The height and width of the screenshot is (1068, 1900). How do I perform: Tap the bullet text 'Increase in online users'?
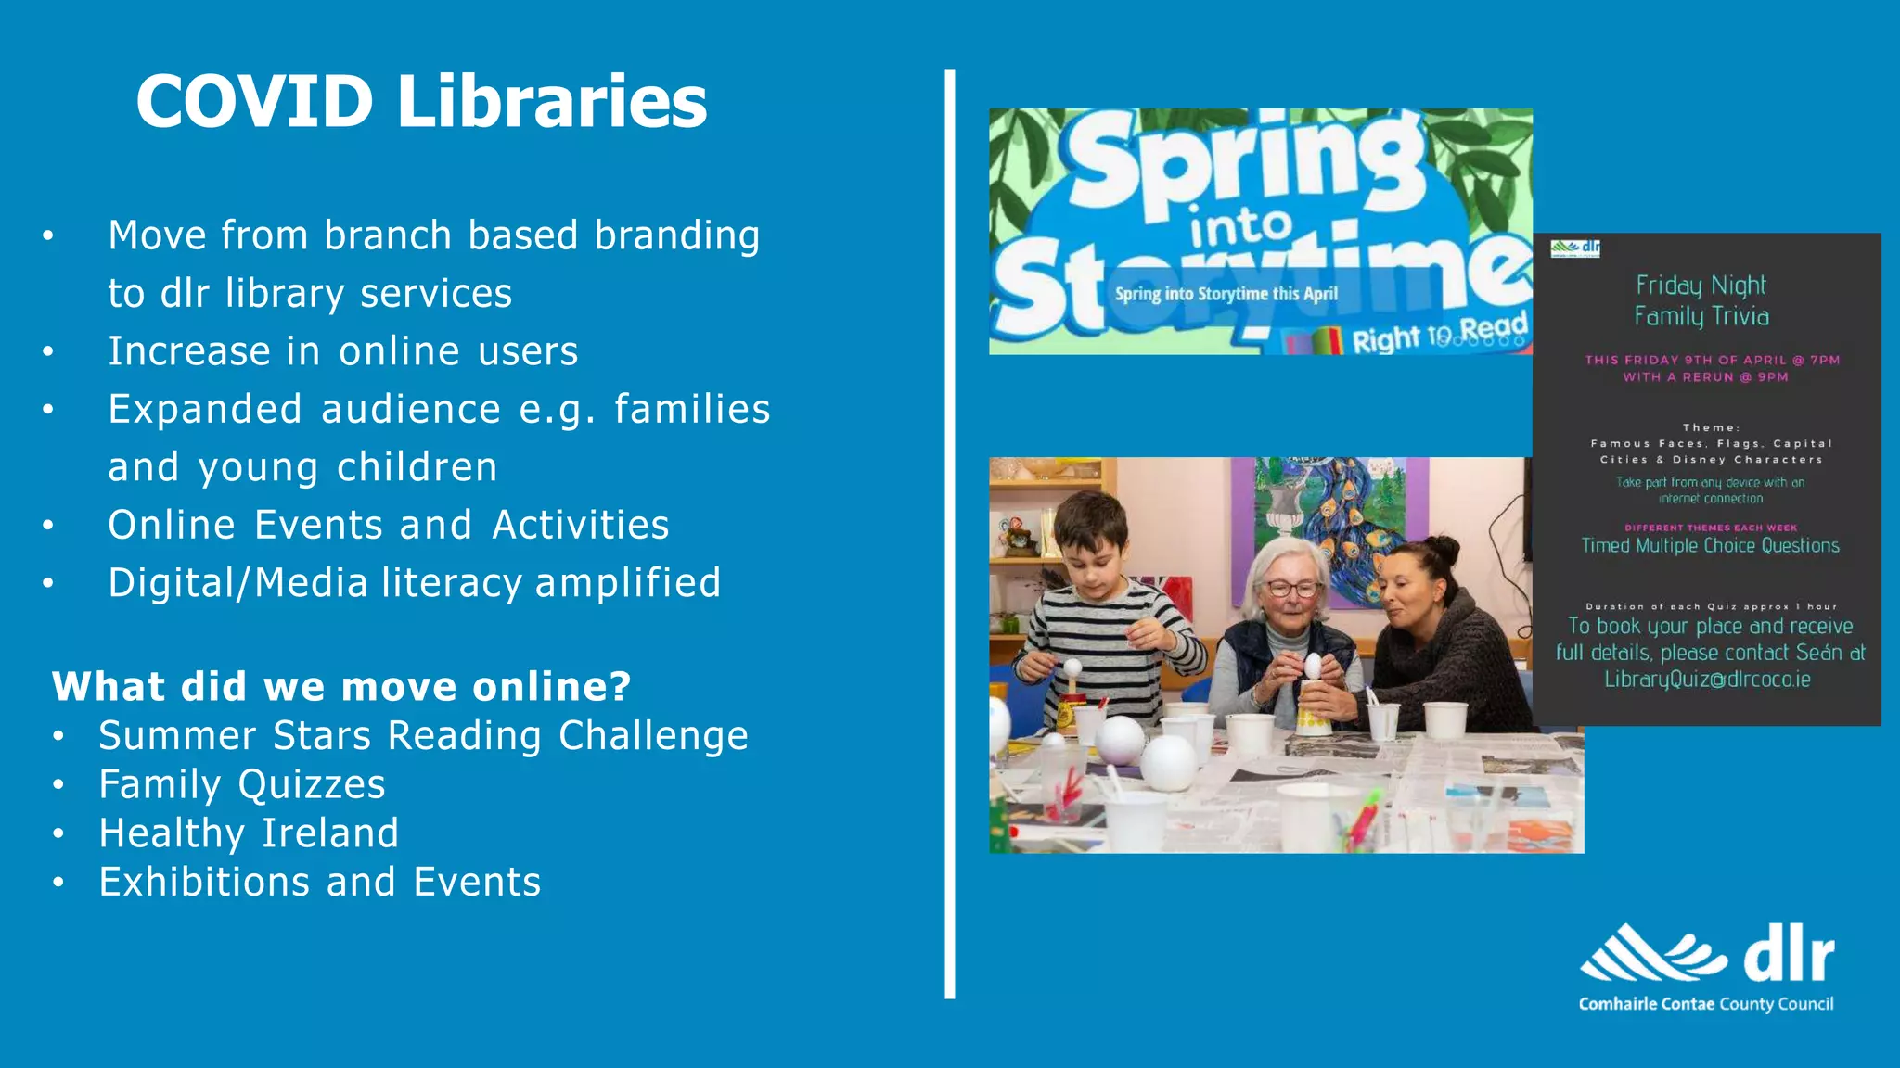tap(342, 351)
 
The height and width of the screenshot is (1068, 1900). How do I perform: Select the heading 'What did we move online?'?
tap(341, 687)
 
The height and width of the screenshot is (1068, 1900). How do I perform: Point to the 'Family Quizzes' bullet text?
tap(242, 784)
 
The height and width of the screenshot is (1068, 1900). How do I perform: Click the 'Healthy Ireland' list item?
tap(249, 833)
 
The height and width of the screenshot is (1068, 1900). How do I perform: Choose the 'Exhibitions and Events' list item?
tap(320, 882)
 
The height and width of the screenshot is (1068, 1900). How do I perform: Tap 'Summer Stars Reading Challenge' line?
tap(423, 736)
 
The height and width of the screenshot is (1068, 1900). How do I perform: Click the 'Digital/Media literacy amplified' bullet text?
tap(414, 583)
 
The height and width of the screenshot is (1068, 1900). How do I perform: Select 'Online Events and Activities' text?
tap(389, 525)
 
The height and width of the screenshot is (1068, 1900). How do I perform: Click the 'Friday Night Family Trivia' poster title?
tap(1701, 300)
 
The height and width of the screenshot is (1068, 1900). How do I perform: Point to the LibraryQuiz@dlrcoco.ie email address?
tap(1707, 680)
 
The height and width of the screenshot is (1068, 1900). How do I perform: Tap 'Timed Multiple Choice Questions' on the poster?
tap(1710, 546)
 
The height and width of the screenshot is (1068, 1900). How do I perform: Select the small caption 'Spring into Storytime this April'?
tap(1226, 294)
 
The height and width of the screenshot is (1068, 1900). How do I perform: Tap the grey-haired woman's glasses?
tap(1292, 587)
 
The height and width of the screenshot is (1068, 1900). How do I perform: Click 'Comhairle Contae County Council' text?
tap(1706, 1004)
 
